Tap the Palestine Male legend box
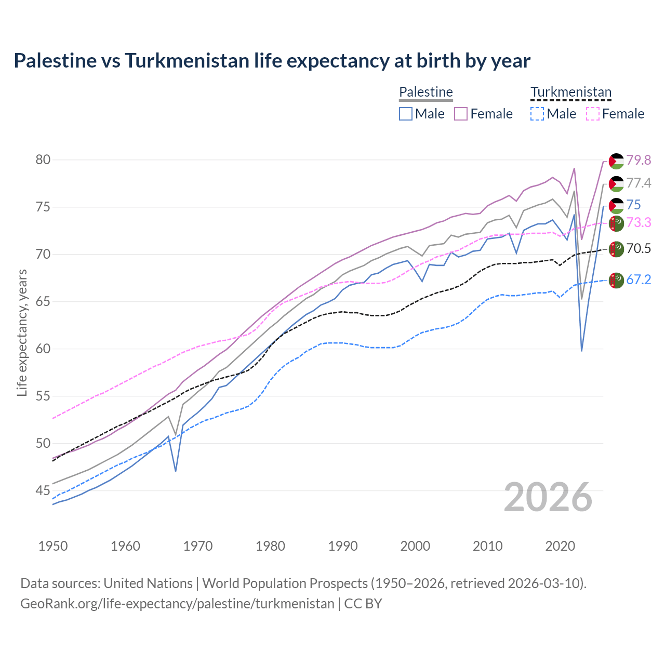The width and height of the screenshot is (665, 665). coord(406,114)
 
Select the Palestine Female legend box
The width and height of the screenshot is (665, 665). coord(461,114)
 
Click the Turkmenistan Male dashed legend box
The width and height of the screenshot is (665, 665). coord(537,114)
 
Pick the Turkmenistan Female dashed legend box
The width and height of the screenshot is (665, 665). coord(592,114)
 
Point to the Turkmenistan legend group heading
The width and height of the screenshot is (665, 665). coord(571,92)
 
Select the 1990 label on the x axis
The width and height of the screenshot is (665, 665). coord(343,546)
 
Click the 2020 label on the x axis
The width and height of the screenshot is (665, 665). coord(560,546)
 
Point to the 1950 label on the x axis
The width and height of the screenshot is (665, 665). coord(53,546)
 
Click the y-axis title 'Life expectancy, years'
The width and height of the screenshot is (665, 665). coord(22,332)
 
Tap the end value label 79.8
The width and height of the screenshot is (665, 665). coord(639,160)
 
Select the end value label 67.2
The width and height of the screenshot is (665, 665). coord(639,280)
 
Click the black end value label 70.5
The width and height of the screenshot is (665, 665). coord(639,248)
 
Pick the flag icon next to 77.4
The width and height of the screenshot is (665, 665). coord(616,183)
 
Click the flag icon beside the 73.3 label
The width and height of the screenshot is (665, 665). coord(616,223)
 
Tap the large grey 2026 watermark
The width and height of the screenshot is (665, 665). coord(548,497)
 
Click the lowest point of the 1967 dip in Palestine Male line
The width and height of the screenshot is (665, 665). coord(176,471)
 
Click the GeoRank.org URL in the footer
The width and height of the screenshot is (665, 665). coord(177,604)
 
